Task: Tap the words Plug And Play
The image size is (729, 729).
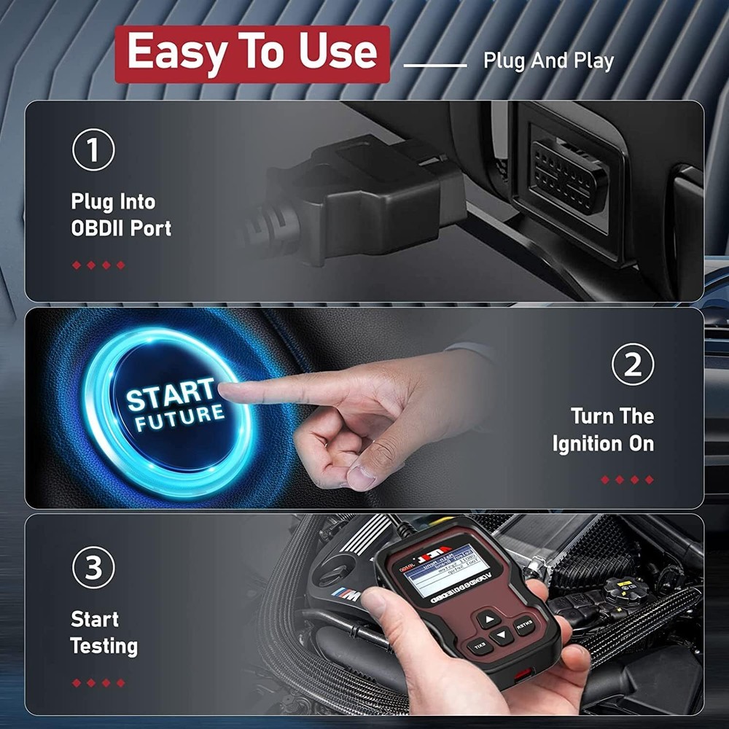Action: (548, 61)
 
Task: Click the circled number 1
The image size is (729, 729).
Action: (93, 150)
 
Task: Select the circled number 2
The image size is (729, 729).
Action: (632, 364)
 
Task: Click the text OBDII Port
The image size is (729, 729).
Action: (121, 228)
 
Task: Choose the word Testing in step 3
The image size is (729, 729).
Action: (104, 646)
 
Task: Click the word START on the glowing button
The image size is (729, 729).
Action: (171, 395)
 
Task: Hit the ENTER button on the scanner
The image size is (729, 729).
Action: (523, 625)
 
